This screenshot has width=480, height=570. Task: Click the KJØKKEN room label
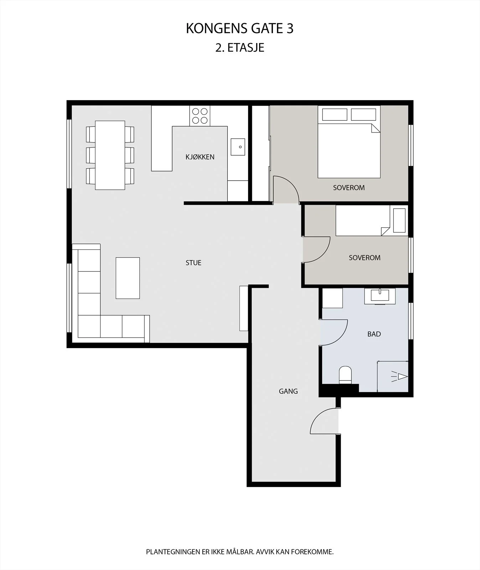pyautogui.click(x=200, y=157)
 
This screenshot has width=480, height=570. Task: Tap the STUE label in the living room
pyautogui.click(x=193, y=263)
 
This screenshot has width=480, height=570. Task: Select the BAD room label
pyautogui.click(x=374, y=334)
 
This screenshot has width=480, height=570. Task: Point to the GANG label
pyautogui.click(x=288, y=391)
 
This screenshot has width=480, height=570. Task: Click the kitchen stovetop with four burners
pyautogui.click(x=200, y=116)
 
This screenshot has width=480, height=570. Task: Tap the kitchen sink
pyautogui.click(x=238, y=147)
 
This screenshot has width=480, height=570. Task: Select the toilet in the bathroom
pyautogui.click(x=345, y=375)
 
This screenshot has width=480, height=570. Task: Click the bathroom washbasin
pyautogui.click(x=380, y=296)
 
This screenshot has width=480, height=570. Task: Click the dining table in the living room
pyautogui.click(x=110, y=155)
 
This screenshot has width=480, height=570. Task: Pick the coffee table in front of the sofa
pyautogui.click(x=128, y=278)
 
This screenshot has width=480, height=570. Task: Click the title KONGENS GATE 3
pyautogui.click(x=240, y=29)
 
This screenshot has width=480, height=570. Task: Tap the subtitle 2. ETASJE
pyautogui.click(x=240, y=48)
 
